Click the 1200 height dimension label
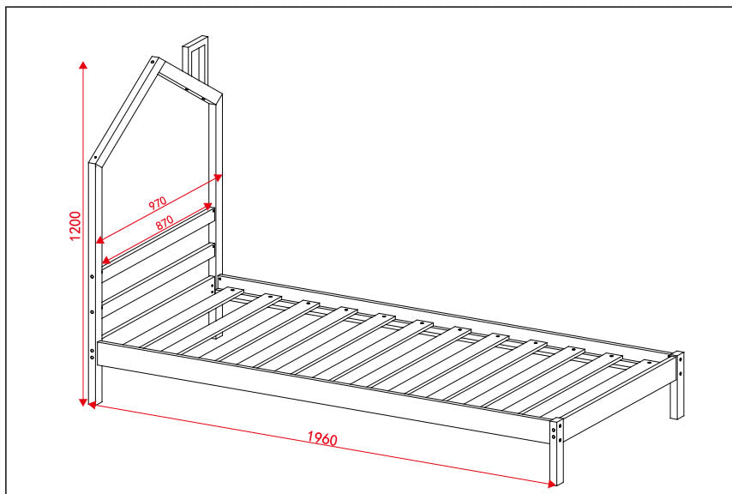[76, 227]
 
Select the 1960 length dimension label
[322, 439]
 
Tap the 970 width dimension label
[157, 204]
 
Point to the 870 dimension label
[164, 220]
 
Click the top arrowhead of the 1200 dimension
[83, 65]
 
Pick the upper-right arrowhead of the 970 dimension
[219, 177]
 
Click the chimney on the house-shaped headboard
[196, 60]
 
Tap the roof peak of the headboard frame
[155, 61]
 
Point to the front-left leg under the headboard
[96, 386]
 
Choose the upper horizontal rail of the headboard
[159, 235]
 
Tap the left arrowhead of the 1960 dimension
[90, 406]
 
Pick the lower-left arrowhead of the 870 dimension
[105, 261]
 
